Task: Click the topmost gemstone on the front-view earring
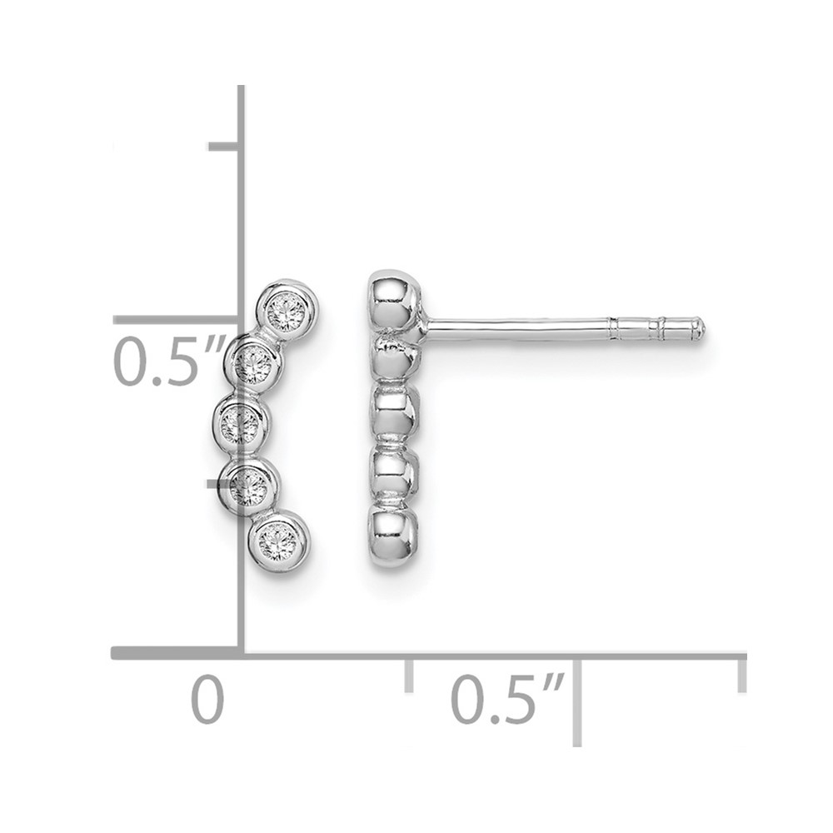tap(287, 311)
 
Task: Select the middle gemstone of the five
tap(240, 423)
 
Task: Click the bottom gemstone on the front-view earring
tap(278, 541)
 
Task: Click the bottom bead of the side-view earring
tap(393, 537)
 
